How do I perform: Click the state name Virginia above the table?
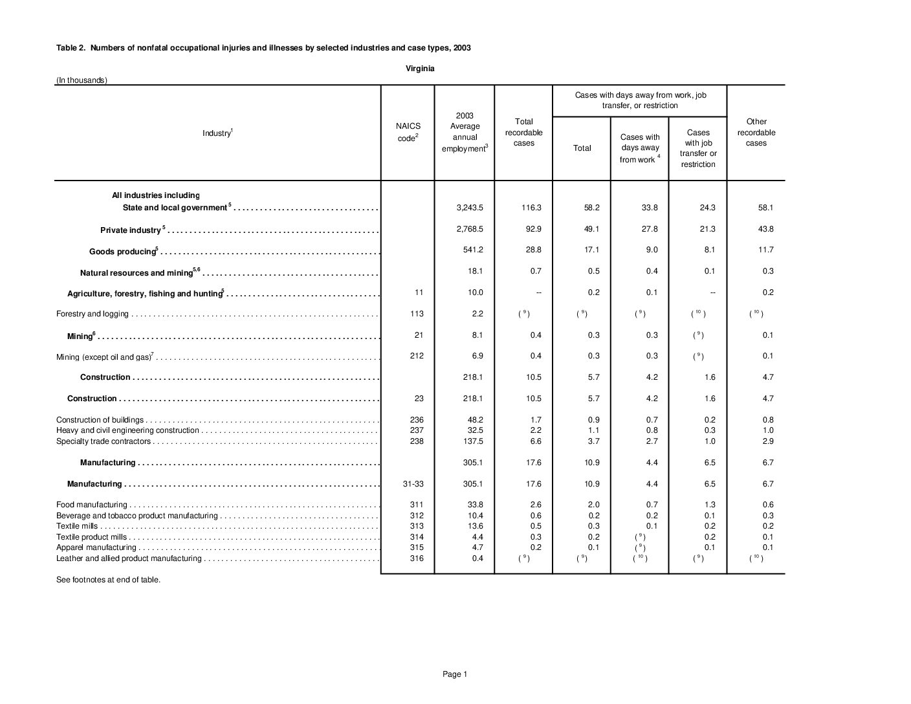click(x=420, y=68)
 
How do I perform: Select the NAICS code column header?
click(x=408, y=132)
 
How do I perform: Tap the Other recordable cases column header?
click(x=756, y=132)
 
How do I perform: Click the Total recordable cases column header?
click(x=523, y=132)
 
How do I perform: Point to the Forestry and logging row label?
click(x=93, y=314)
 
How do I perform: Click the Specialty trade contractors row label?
click(x=104, y=441)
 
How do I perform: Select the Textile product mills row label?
click(x=91, y=537)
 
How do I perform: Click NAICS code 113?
click(x=417, y=314)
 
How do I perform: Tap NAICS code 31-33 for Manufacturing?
click(x=417, y=484)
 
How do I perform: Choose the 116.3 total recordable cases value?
click(x=531, y=208)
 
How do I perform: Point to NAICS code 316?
click(x=417, y=558)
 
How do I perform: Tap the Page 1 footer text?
click(x=454, y=674)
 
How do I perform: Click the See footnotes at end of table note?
click(x=108, y=580)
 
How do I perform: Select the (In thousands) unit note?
click(x=82, y=80)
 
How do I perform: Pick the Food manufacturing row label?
click(x=91, y=505)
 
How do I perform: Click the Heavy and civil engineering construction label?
click(x=127, y=430)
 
